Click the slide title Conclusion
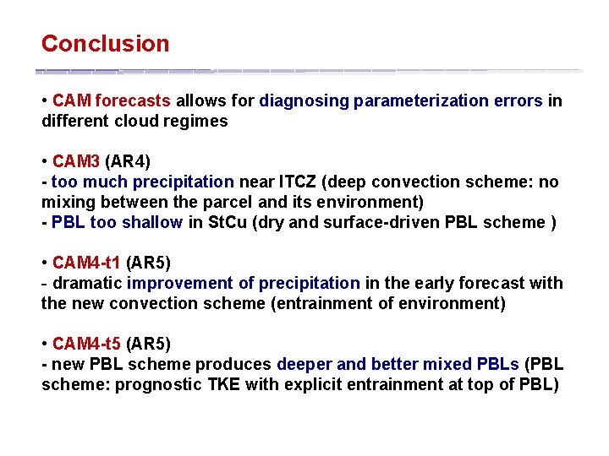pyautogui.click(x=105, y=44)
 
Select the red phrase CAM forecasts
pyautogui.click(x=112, y=101)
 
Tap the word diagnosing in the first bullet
pyautogui.click(x=304, y=101)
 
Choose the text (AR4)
pyautogui.click(x=128, y=161)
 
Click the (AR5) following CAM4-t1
pyautogui.click(x=148, y=263)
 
